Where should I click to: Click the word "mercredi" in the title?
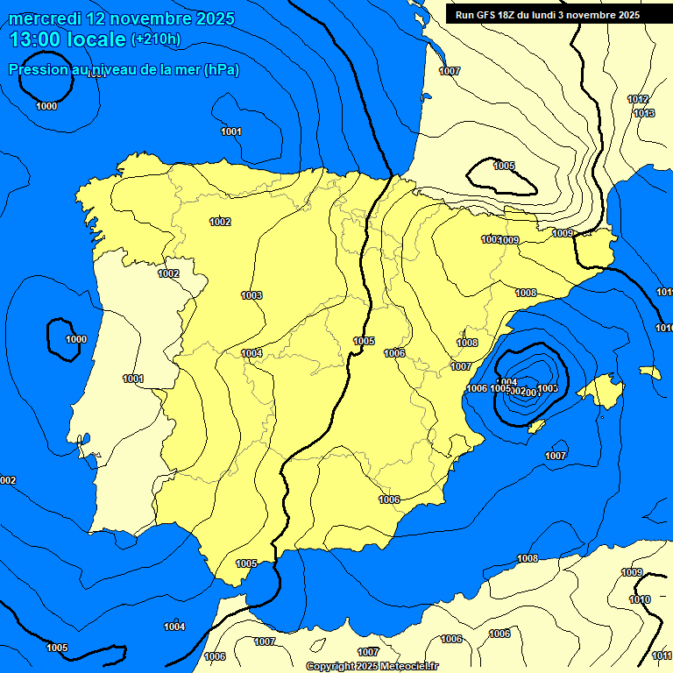coord(39,18)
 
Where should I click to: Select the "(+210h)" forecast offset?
coord(156,39)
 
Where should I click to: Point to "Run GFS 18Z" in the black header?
coord(487,15)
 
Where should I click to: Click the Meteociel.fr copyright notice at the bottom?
coord(372,667)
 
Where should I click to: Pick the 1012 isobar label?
coord(637,100)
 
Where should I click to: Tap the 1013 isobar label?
coord(643,113)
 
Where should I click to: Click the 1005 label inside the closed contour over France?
coord(504,166)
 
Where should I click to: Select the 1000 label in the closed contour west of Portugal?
coord(76,339)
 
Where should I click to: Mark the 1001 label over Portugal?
coord(132,379)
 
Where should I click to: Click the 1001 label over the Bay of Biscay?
coord(231,132)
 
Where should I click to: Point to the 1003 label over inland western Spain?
coord(251,295)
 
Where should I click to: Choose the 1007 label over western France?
coord(450,71)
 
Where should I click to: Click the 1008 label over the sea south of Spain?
coord(528,558)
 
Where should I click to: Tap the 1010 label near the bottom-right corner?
coord(640,600)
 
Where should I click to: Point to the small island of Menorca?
coord(649,372)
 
